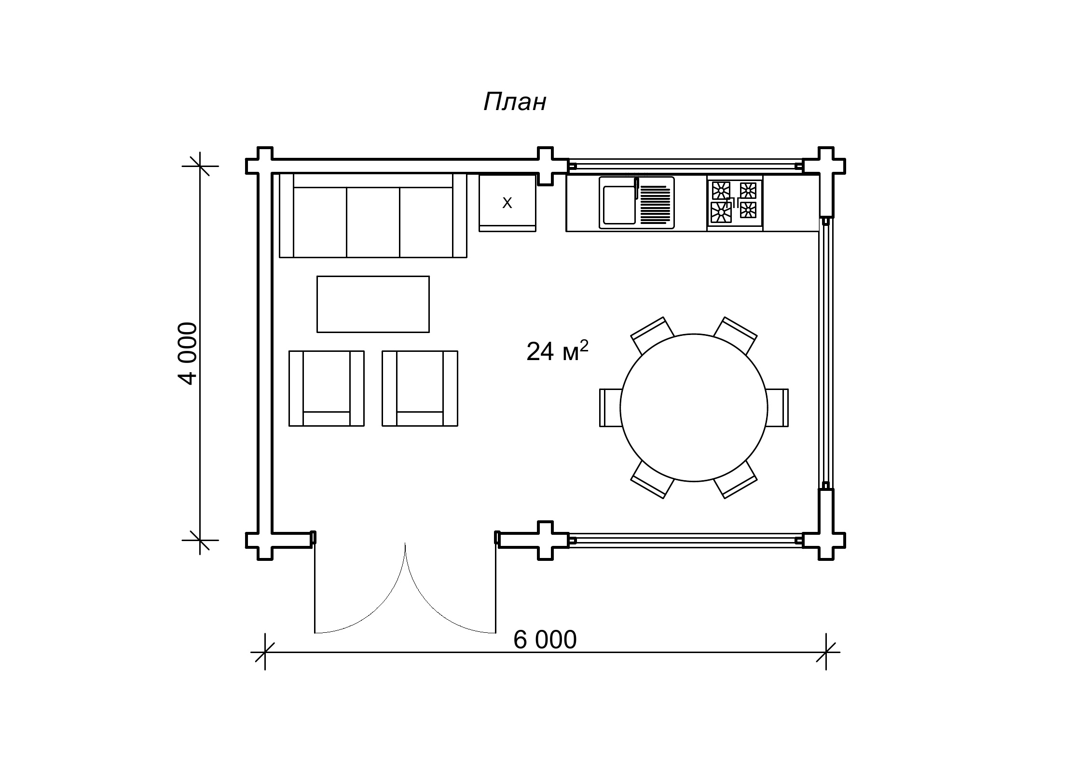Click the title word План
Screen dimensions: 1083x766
(515, 102)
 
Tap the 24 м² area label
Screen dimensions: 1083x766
(557, 351)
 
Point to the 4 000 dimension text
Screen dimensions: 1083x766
(188, 353)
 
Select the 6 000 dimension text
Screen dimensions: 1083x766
(545, 640)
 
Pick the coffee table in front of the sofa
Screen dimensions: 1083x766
(373, 304)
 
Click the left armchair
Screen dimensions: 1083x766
(327, 389)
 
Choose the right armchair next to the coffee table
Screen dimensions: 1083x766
(420, 389)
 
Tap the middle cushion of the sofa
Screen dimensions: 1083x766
(373, 222)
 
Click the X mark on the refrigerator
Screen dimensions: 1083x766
(507, 203)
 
